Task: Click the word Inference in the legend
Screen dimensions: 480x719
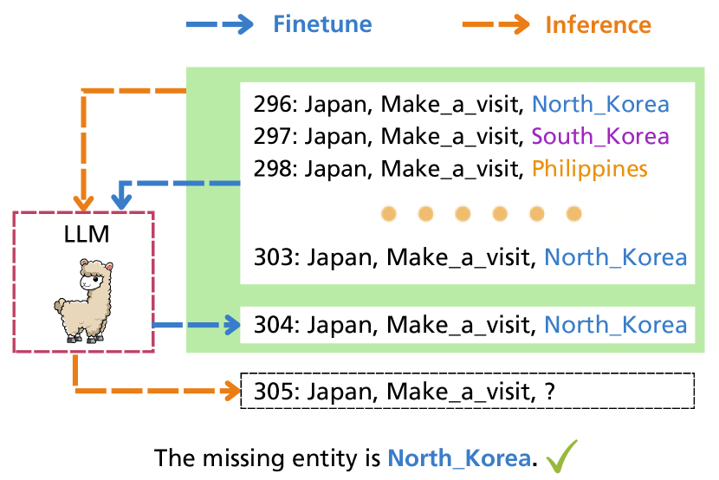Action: (598, 23)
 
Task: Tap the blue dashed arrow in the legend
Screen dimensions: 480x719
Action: (220, 23)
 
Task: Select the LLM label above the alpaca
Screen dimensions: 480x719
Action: (83, 235)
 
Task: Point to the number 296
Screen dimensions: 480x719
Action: (272, 105)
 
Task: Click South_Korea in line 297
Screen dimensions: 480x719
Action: (600, 136)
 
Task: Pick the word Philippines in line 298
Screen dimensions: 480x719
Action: (589, 168)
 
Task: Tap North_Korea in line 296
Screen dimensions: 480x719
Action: (600, 105)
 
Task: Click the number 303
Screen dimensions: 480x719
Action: (272, 257)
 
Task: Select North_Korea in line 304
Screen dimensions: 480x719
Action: (615, 326)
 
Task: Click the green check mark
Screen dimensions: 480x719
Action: (560, 454)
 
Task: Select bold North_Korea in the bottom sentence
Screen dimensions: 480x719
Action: (459, 457)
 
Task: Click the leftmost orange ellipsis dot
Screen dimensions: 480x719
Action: (390, 213)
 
